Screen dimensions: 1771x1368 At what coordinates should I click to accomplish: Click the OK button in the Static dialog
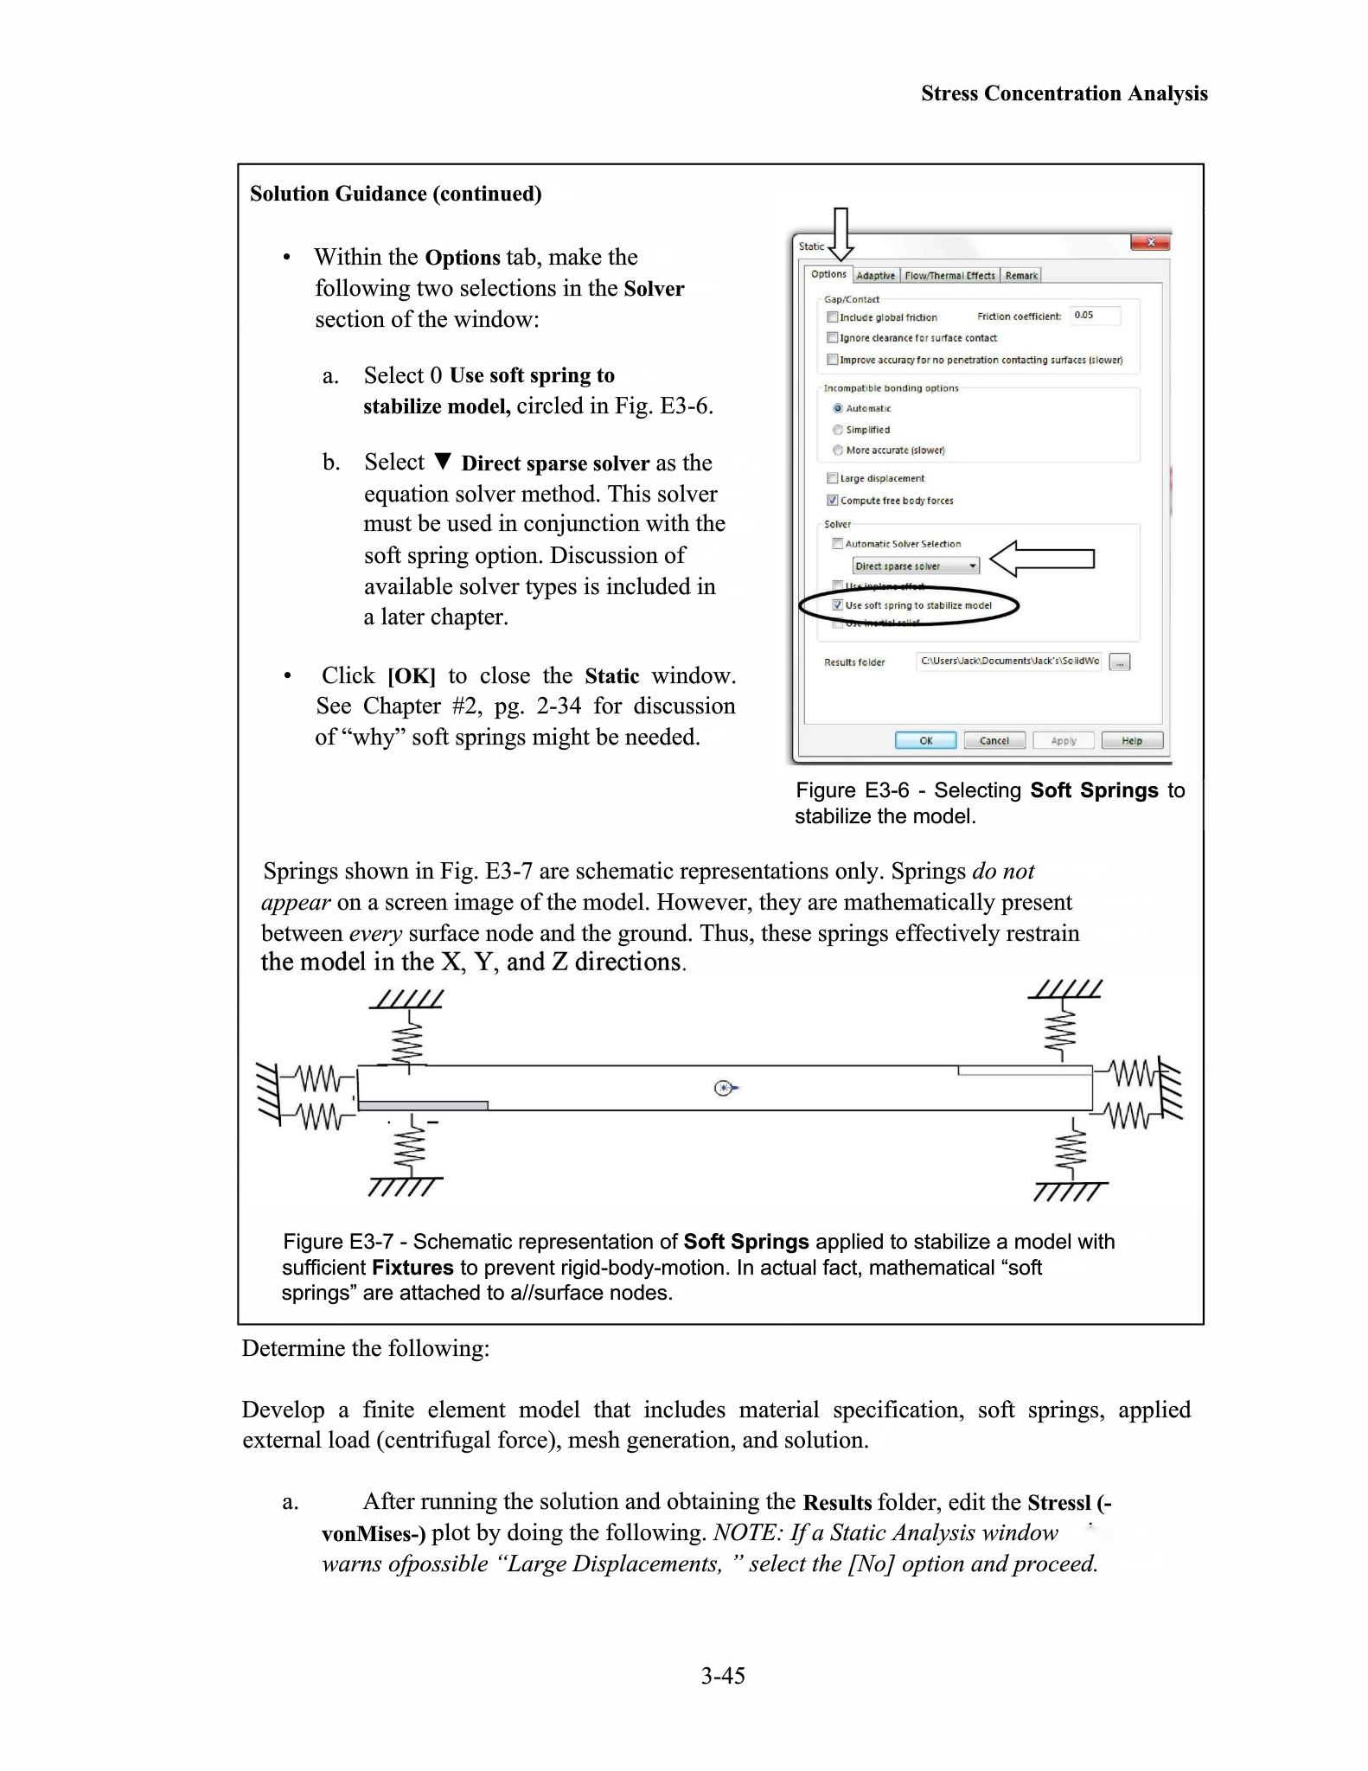(x=925, y=740)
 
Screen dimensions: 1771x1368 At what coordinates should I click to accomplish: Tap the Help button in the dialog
(x=1132, y=740)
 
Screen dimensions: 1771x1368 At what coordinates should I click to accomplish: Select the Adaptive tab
(x=875, y=276)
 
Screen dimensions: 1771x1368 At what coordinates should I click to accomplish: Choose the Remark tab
(x=1021, y=276)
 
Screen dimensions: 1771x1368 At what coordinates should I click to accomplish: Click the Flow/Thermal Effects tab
(x=949, y=276)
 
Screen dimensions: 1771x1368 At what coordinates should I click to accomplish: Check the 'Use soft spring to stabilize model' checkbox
(x=837, y=605)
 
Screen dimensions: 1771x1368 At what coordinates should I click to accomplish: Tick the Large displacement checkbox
(x=833, y=478)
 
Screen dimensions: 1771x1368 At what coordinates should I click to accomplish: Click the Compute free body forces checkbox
(x=833, y=500)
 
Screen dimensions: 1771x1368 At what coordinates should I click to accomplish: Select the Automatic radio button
(x=838, y=408)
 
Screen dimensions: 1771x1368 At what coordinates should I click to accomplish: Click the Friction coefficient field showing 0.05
(x=1095, y=316)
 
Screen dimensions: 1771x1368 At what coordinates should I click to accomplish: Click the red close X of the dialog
(x=1150, y=243)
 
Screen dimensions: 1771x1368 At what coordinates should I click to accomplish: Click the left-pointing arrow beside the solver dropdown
(x=1041, y=559)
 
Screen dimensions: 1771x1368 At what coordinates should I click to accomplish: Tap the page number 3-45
(x=723, y=1675)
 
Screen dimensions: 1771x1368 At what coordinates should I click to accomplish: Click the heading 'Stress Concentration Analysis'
(x=1064, y=93)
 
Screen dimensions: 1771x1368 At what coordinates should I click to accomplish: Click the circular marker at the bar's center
(x=724, y=1088)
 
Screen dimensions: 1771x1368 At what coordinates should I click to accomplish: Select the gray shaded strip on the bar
(x=423, y=1105)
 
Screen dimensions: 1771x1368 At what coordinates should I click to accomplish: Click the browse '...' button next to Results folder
(x=1120, y=662)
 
